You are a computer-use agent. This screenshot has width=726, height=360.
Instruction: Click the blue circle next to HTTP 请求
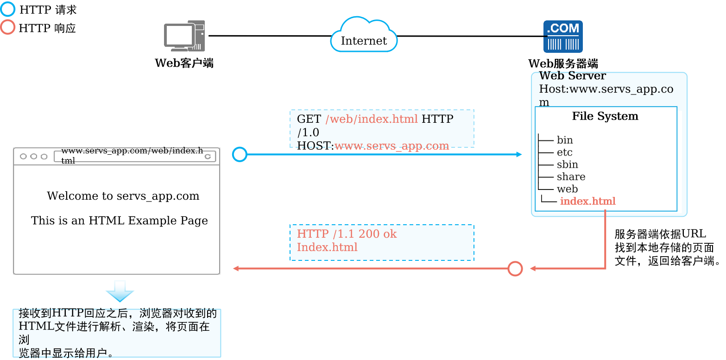click(x=7, y=9)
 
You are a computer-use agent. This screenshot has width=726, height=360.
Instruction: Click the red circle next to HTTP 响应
click(x=7, y=27)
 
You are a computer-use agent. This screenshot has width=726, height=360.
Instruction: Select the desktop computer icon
click(x=184, y=36)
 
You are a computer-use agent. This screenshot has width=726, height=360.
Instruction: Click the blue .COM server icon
click(x=563, y=36)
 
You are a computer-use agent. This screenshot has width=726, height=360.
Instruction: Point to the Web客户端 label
click(x=184, y=63)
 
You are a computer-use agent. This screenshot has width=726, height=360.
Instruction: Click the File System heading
click(x=605, y=116)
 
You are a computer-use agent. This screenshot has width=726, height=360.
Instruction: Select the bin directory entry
click(x=565, y=140)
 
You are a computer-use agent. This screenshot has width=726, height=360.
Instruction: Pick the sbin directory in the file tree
click(x=567, y=164)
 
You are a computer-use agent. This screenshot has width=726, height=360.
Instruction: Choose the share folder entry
click(x=571, y=177)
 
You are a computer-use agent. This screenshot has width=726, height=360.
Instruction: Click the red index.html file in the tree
click(x=587, y=201)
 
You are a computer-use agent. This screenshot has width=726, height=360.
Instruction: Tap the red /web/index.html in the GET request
click(x=372, y=119)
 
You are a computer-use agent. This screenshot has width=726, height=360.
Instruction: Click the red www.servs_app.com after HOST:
click(x=392, y=146)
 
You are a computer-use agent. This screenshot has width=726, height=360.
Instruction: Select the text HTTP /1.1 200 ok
click(x=347, y=234)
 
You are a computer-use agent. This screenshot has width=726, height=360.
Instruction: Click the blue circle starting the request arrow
click(x=240, y=154)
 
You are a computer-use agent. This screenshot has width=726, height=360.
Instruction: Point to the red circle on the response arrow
click(x=515, y=269)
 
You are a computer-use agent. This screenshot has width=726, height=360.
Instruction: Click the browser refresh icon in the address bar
click(x=208, y=157)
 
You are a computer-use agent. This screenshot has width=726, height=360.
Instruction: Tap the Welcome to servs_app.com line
click(x=123, y=196)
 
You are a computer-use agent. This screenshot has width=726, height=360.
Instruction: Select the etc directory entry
click(x=565, y=152)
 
